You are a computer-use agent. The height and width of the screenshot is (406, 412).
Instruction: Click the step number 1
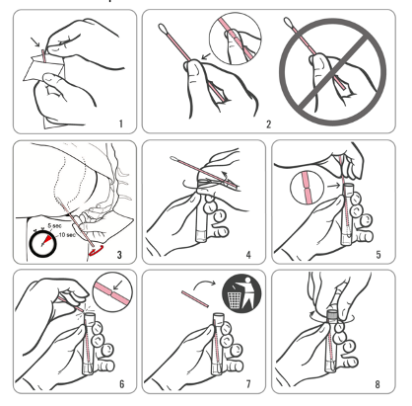tap(121, 123)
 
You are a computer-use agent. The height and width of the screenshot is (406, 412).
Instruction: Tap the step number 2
tap(269, 124)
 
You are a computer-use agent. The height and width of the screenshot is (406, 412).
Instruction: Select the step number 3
tap(119, 255)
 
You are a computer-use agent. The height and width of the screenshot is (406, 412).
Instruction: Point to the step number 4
tap(248, 255)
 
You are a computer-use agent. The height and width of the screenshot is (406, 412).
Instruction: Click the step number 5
tap(378, 255)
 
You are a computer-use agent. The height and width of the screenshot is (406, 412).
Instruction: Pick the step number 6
tap(122, 384)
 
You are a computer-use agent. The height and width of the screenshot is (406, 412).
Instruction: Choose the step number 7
tap(248, 384)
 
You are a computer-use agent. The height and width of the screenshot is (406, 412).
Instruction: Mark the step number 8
tap(378, 384)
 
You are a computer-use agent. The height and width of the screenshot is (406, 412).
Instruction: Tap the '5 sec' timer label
tap(54, 226)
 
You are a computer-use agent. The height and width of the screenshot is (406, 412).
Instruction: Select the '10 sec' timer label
tap(67, 235)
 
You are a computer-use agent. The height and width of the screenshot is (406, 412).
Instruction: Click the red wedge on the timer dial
tap(47, 239)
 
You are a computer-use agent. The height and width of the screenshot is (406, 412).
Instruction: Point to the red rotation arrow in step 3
tap(97, 251)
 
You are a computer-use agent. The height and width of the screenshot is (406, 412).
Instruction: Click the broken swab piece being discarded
tap(195, 298)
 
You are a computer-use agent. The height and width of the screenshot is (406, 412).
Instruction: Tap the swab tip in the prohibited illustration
tap(288, 22)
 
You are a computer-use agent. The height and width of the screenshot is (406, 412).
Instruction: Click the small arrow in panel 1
tap(35, 41)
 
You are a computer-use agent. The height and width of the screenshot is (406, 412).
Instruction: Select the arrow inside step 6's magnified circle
tap(117, 285)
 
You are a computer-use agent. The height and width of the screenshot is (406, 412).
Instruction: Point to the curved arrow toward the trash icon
tap(204, 284)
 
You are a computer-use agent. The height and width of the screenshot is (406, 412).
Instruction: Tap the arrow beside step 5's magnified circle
tap(334, 186)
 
